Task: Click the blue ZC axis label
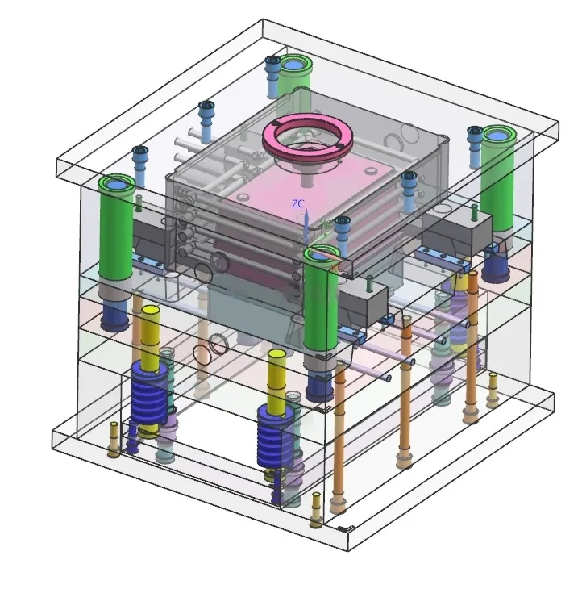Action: tap(298, 204)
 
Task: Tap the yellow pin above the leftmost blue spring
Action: tap(150, 336)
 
